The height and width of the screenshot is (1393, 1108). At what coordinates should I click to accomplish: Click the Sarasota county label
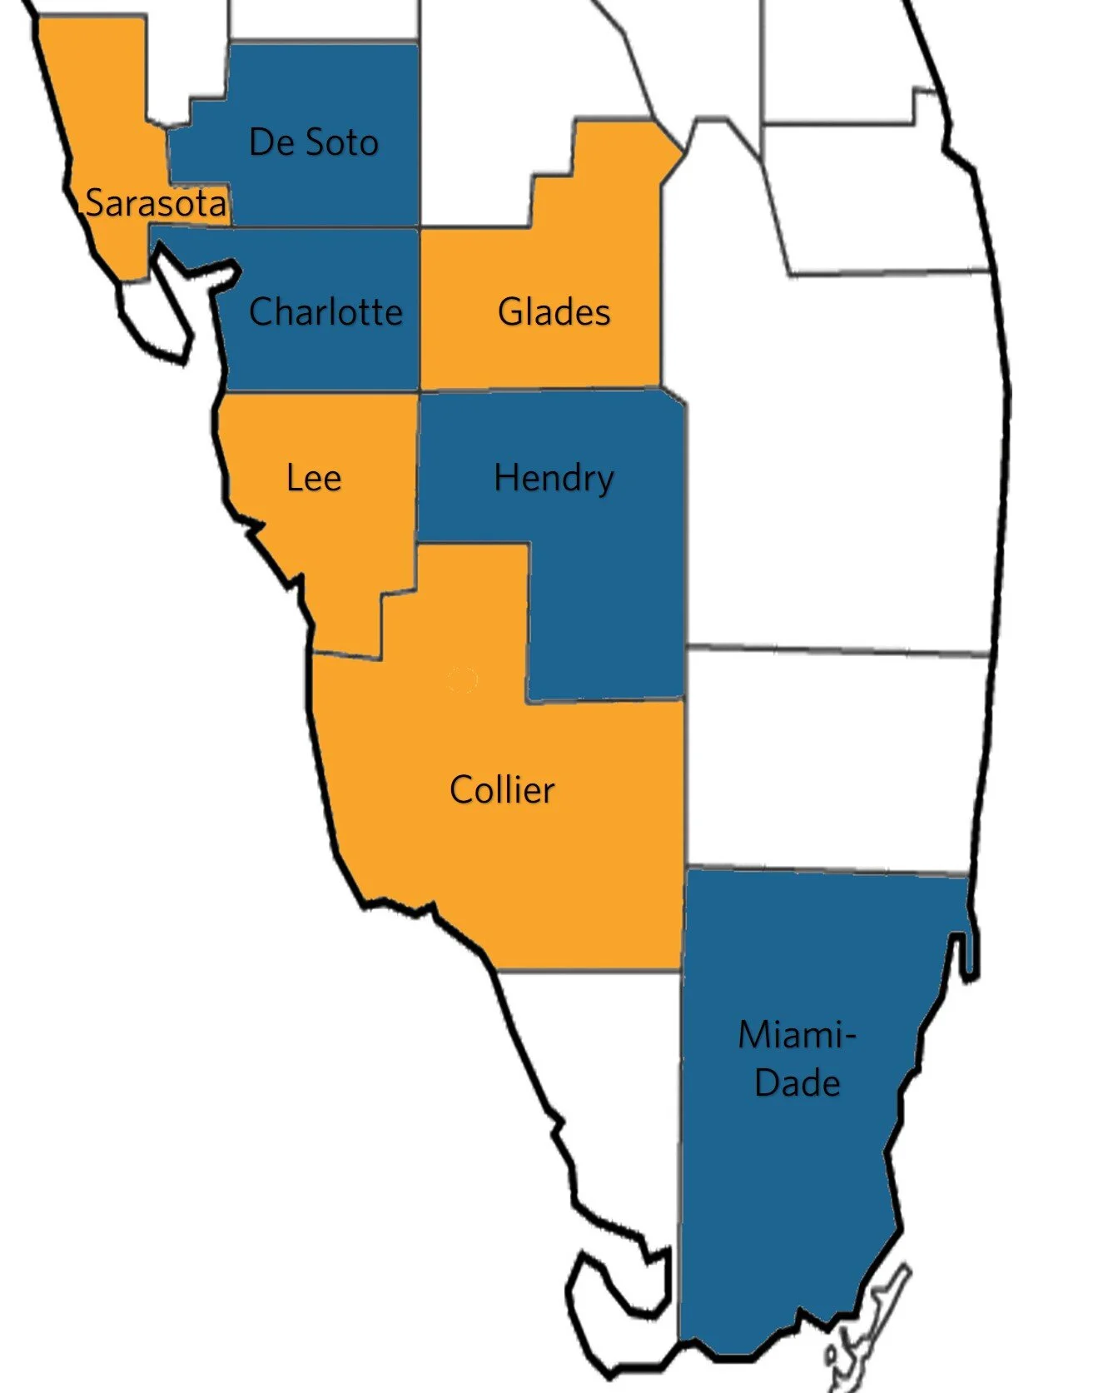[156, 203]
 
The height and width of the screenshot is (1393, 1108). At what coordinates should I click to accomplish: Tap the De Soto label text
[313, 142]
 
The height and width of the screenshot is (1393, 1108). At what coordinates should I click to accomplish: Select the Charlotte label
[325, 312]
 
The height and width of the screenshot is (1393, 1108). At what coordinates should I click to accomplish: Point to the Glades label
[554, 312]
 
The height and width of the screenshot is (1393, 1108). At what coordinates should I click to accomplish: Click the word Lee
[313, 478]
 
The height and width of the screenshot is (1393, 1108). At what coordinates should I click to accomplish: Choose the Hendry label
[554, 478]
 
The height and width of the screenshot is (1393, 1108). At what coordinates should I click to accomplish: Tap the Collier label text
[502, 789]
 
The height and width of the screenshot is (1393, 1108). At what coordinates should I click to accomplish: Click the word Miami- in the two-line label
[797, 1035]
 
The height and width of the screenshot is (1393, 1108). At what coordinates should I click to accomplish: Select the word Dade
[797, 1083]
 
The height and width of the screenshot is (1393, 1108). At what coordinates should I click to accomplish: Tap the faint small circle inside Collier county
[462, 680]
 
